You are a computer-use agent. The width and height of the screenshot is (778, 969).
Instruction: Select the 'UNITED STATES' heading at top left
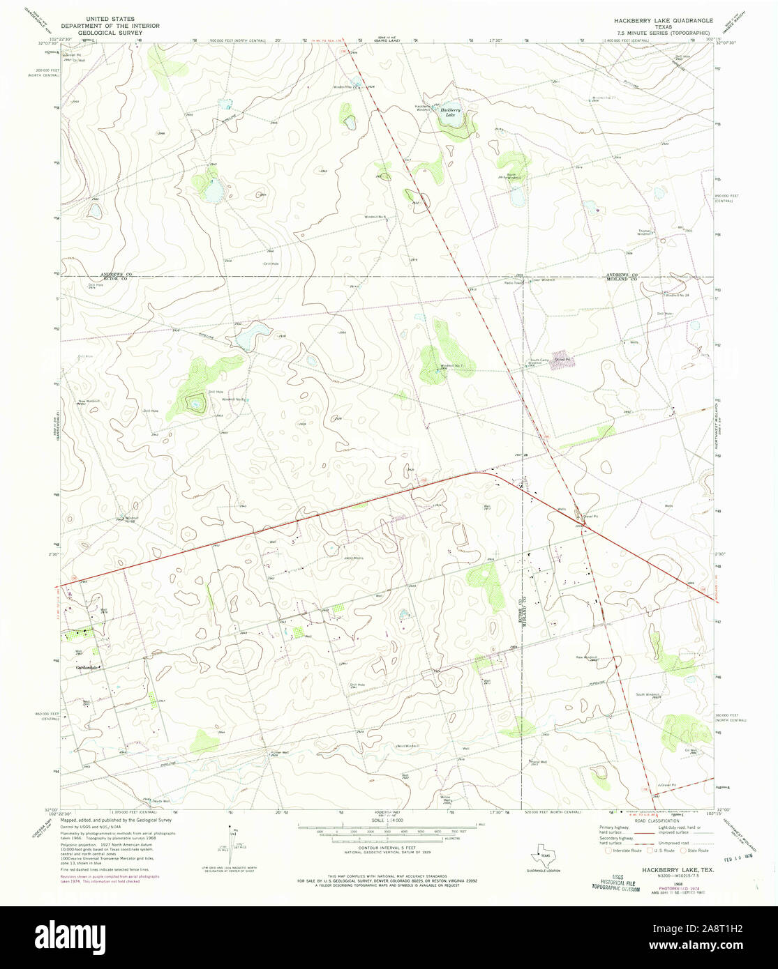click(x=110, y=20)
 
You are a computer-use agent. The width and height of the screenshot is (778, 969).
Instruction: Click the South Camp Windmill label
click(x=535, y=362)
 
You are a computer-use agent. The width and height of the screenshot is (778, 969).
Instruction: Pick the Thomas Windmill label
click(x=644, y=232)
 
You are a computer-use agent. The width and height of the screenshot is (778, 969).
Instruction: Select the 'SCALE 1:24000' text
click(x=389, y=821)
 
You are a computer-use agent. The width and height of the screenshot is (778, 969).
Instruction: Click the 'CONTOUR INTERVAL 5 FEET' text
click(x=388, y=848)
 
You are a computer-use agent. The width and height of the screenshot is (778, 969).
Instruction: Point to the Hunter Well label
click(x=269, y=754)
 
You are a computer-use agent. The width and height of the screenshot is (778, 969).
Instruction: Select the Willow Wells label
click(x=447, y=799)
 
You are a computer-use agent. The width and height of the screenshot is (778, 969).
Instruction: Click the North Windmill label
click(x=515, y=176)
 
